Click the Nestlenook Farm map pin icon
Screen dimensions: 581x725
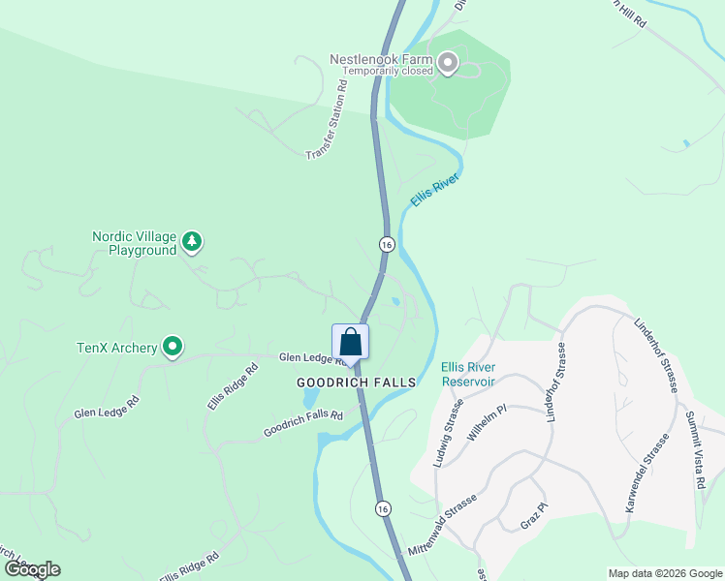[448, 64]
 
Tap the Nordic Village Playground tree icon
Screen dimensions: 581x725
[193, 241]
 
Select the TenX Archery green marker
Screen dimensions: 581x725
[173, 346]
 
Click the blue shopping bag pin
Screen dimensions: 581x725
[350, 343]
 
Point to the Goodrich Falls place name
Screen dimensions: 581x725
[357, 382]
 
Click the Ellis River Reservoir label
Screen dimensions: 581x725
[468, 374]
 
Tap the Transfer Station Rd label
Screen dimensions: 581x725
[327, 121]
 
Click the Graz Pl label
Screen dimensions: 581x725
[534, 514]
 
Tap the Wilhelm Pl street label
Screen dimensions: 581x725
[487, 423]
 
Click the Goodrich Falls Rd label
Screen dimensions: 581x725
[303, 425]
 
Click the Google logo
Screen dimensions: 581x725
[31, 569]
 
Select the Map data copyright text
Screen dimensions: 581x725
[664, 572]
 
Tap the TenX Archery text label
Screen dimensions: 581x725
[117, 348]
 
